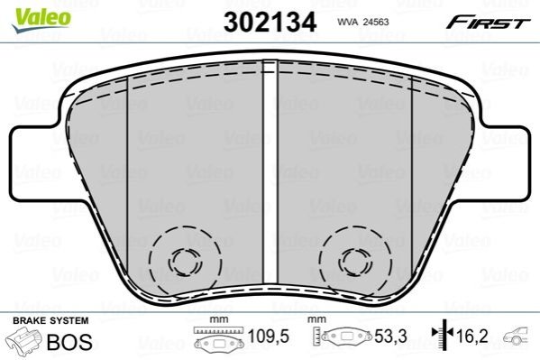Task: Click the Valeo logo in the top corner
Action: click(41, 20)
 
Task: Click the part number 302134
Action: click(270, 22)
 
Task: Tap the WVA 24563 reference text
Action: click(363, 22)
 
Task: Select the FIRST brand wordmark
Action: click(488, 23)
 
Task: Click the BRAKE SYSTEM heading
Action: click(50, 320)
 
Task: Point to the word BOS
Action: click(69, 342)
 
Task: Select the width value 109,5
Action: click(269, 337)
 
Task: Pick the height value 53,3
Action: click(390, 337)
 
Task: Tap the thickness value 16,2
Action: click(471, 337)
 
